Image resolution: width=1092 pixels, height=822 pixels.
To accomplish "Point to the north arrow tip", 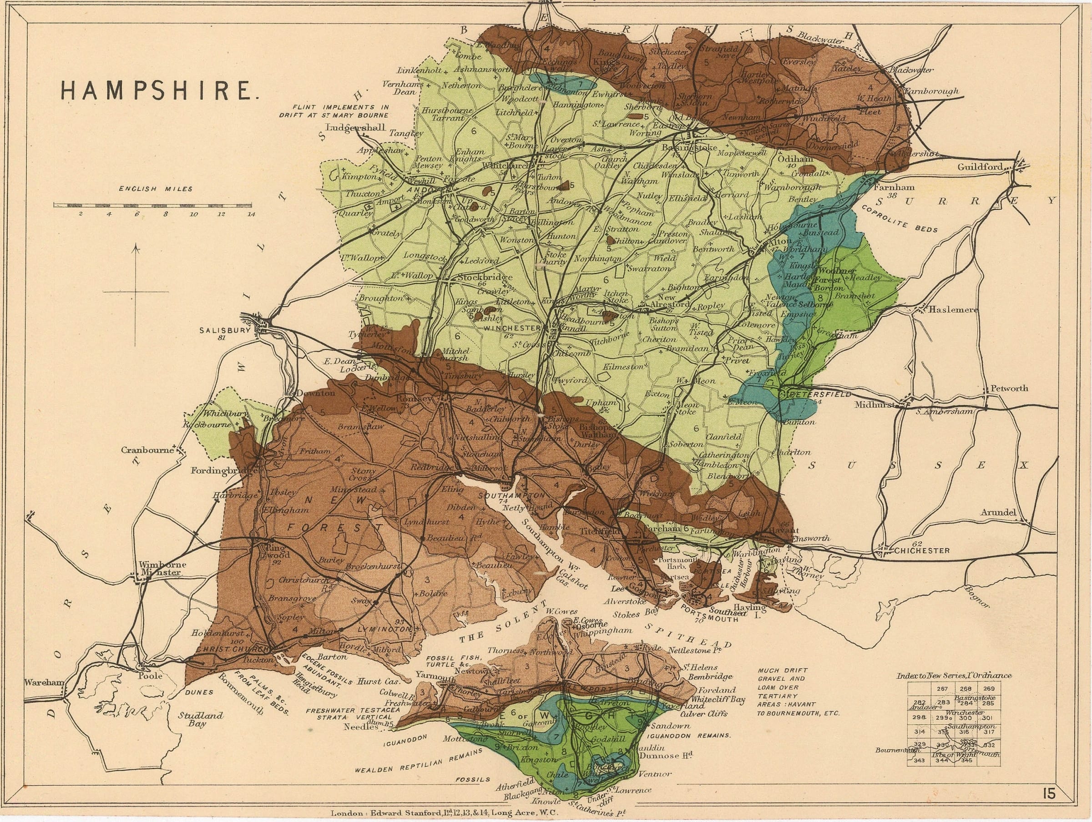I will pyautogui.click(x=136, y=245).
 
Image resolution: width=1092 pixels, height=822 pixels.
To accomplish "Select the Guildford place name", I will pyautogui.click(x=980, y=167).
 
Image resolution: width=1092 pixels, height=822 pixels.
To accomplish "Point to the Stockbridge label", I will pyautogui.click(x=485, y=277).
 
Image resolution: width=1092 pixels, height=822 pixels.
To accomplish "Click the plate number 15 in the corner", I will pyautogui.click(x=1049, y=793).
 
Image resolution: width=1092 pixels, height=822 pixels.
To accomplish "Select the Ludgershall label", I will pyautogui.click(x=359, y=128).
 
